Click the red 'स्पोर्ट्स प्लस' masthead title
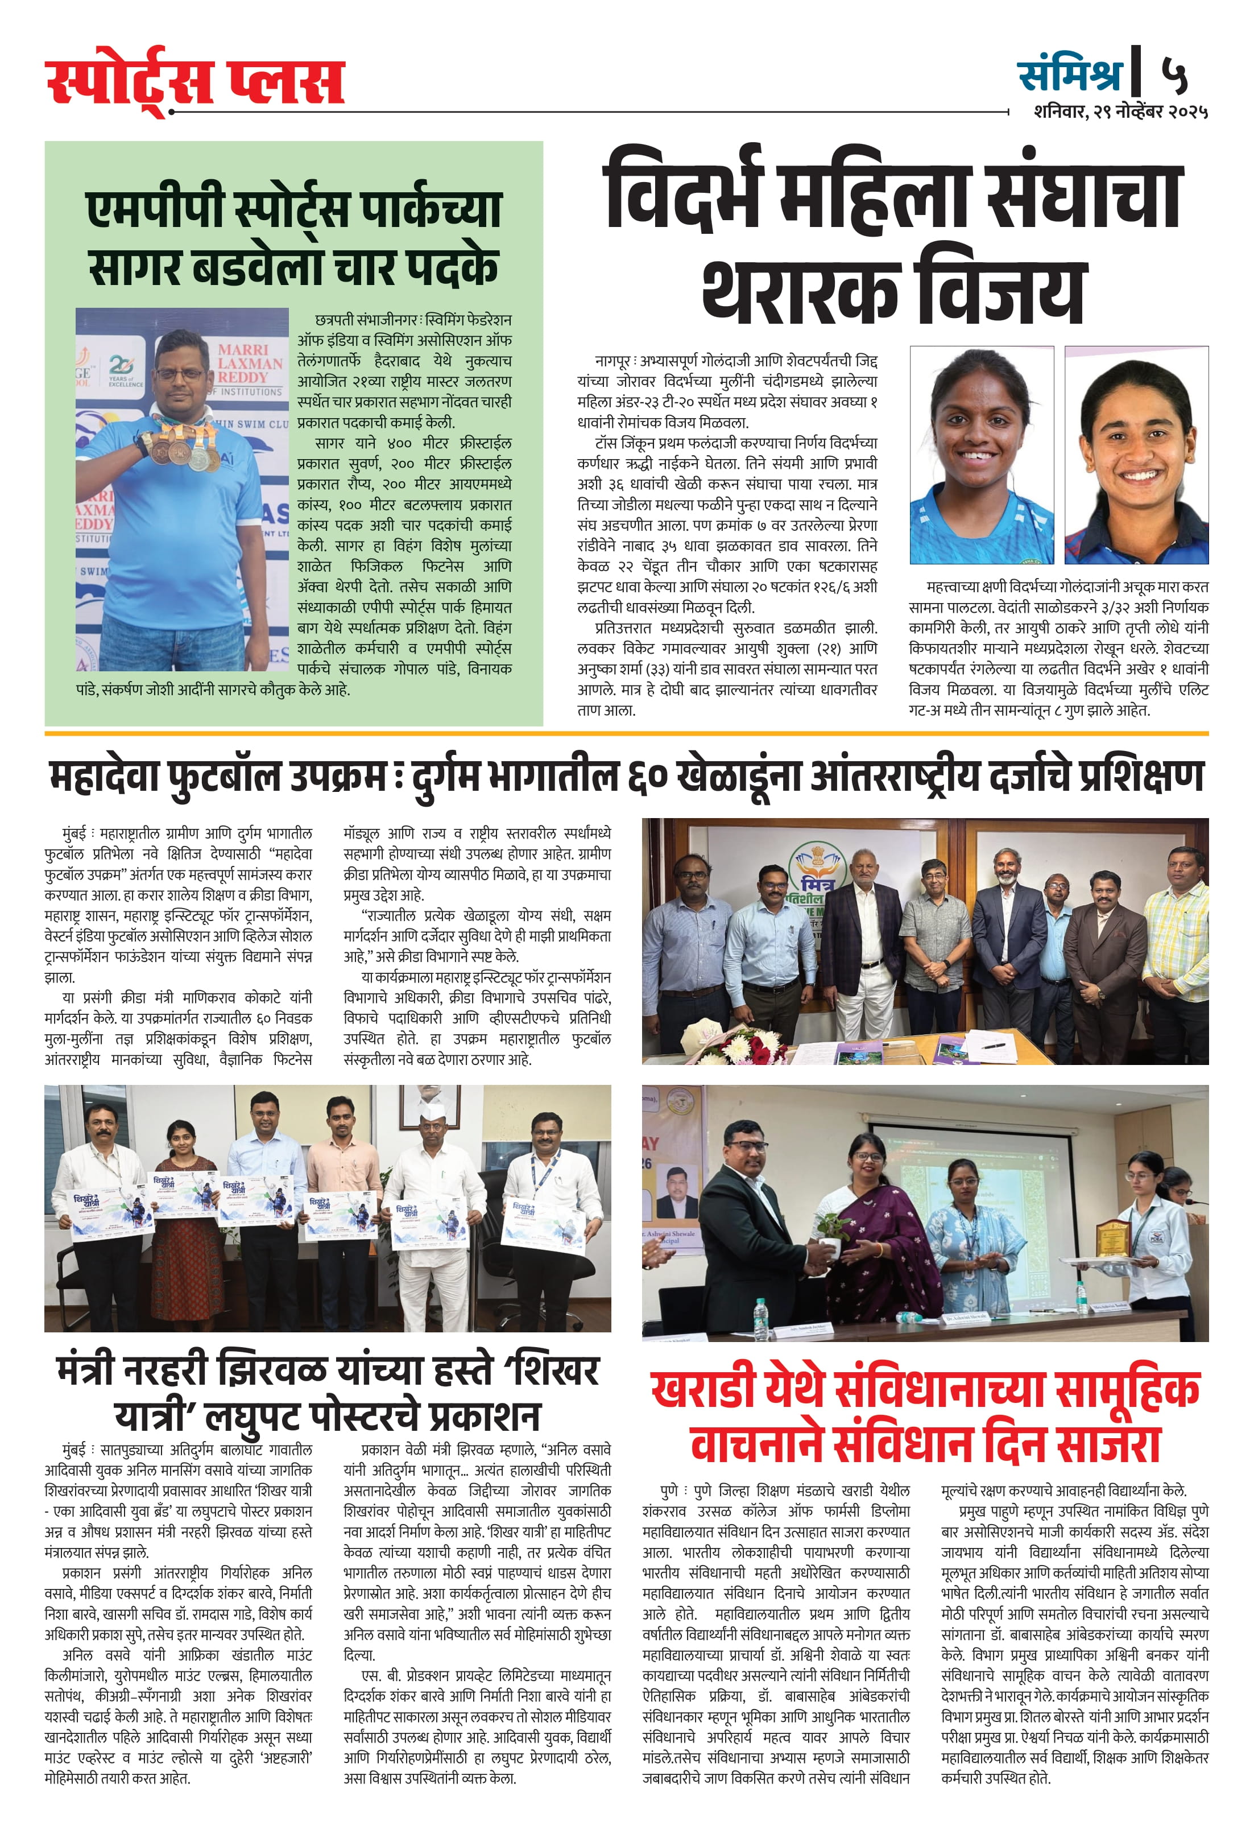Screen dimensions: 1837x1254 (194, 81)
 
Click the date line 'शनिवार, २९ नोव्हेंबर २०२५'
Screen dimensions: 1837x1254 (1120, 112)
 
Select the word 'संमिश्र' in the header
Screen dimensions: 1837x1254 (1070, 75)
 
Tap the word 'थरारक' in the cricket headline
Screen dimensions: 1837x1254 (800, 291)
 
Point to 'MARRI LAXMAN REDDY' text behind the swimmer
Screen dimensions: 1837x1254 (250, 363)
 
